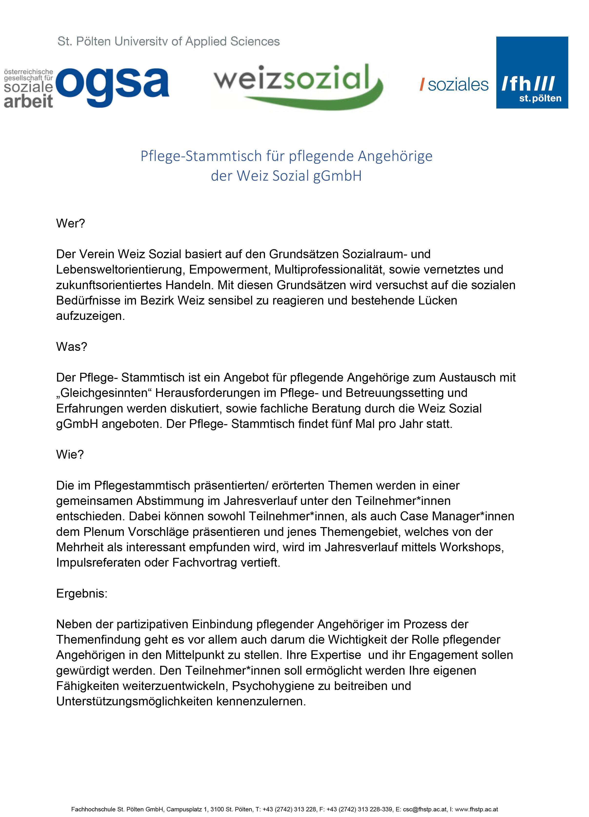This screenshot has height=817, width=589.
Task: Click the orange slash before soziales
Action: pyautogui.click(x=422, y=85)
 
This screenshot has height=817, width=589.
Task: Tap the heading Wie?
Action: pyautogui.click(x=70, y=455)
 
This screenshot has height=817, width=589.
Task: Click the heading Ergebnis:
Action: pyautogui.click(x=82, y=593)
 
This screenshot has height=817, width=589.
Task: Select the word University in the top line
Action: pyautogui.click(x=141, y=41)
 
